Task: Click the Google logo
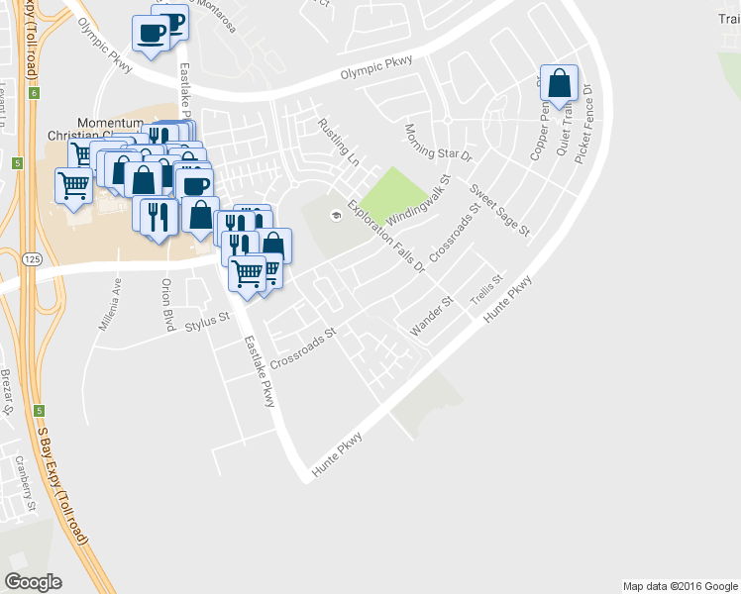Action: click(x=34, y=582)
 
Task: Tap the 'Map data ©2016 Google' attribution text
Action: click(x=680, y=586)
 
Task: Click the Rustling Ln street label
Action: click(x=338, y=142)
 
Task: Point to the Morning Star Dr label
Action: click(x=440, y=142)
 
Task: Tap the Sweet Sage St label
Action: click(x=500, y=210)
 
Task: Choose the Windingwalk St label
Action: click(x=419, y=201)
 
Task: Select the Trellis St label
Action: click(x=487, y=290)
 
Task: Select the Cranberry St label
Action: click(x=25, y=484)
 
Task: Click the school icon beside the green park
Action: click(x=337, y=217)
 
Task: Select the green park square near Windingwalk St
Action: click(x=392, y=194)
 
